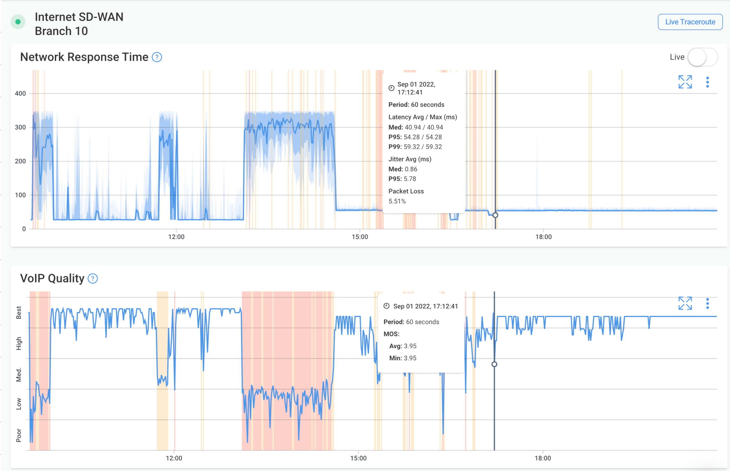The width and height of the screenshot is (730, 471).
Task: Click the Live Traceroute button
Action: [690, 22]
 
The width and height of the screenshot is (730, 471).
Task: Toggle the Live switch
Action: [702, 57]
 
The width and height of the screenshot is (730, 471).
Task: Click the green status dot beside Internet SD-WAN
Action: [18, 22]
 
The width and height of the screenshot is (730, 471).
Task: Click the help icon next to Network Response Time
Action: [157, 57]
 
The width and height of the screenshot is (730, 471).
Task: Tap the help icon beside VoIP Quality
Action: [93, 279]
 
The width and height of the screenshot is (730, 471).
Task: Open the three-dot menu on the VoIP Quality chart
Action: [707, 303]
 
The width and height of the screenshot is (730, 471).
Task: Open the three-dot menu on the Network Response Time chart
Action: [707, 82]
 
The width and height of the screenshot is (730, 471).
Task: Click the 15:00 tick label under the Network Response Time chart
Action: [360, 237]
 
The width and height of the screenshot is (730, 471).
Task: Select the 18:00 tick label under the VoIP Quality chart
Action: [543, 458]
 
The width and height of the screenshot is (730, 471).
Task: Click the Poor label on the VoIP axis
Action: [19, 435]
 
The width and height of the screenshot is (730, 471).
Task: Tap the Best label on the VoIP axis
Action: [19, 313]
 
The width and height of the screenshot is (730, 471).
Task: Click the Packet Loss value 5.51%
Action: [397, 201]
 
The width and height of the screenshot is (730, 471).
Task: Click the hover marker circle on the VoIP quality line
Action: [494, 364]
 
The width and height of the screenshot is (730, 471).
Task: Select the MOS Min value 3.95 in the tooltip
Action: [410, 358]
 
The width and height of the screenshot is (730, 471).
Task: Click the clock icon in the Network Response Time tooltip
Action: [391, 88]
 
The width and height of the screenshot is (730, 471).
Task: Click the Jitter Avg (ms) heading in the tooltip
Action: [410, 159]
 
